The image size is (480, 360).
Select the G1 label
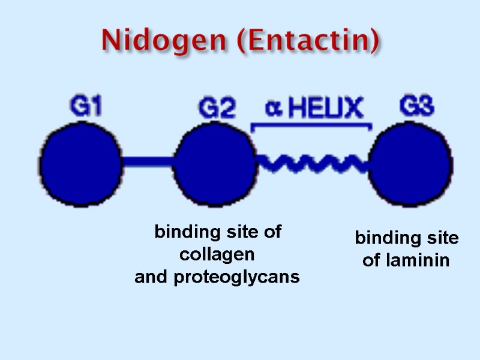(86, 108)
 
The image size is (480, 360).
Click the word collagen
(217, 254)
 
